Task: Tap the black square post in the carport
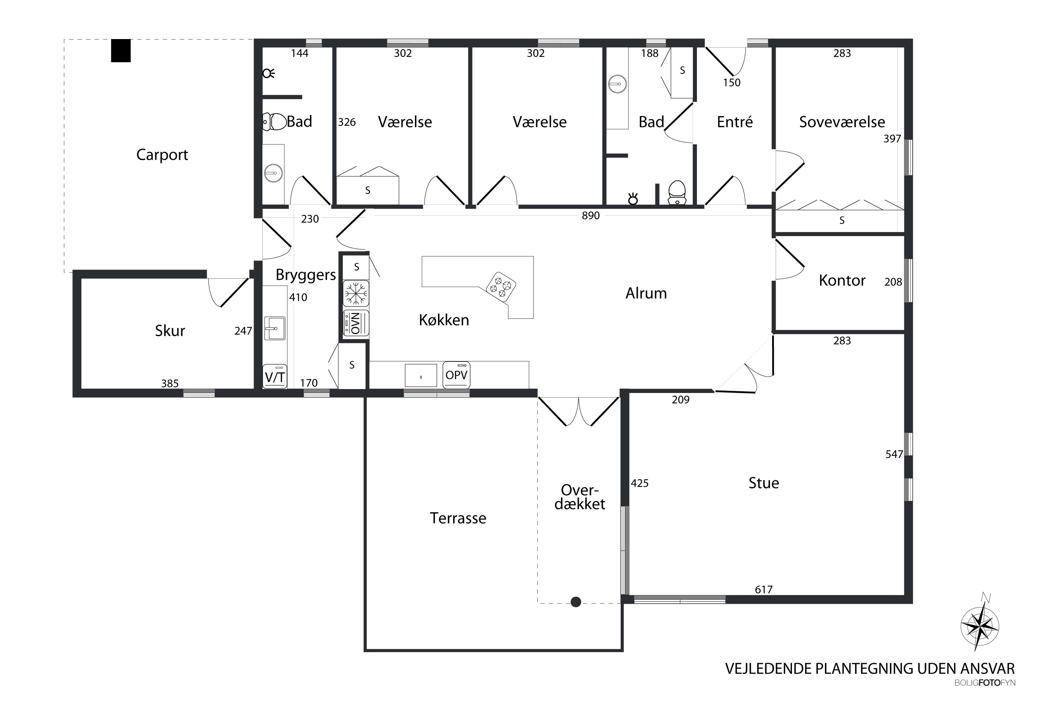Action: point(121,51)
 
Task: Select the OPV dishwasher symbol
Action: point(456,375)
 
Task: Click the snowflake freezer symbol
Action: point(356,294)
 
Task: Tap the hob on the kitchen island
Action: point(501,286)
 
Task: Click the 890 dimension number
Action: point(591,215)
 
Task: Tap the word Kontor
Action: point(842,281)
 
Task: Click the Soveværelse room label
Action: point(842,122)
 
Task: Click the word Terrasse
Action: point(458,518)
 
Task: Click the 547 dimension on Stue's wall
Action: point(894,454)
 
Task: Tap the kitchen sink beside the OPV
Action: point(421,375)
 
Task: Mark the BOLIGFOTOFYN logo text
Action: point(985,683)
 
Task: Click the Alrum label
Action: point(646,294)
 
